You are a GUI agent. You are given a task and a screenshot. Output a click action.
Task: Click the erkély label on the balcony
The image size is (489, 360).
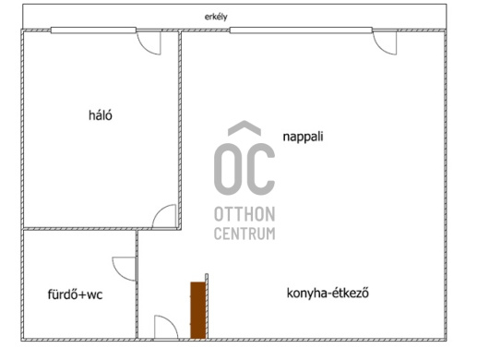click(216, 17)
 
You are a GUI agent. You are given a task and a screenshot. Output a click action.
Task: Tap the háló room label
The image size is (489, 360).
click(101, 115)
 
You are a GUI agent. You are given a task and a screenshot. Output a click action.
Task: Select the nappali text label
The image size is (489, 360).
click(303, 137)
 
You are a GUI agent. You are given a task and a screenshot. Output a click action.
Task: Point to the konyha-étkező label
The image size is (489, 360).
click(328, 294)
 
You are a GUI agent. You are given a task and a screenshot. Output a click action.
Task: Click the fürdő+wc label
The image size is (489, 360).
click(75, 294)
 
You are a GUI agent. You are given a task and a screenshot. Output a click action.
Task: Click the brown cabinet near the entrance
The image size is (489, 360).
click(198, 310)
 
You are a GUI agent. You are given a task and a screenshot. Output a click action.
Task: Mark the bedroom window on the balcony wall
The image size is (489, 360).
click(93, 30)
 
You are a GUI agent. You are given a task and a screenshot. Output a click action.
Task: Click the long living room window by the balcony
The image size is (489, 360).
click(301, 30)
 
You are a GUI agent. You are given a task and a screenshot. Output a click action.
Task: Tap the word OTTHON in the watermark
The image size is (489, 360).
click(244, 214)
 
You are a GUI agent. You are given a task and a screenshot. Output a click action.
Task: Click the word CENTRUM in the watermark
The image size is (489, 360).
click(244, 234)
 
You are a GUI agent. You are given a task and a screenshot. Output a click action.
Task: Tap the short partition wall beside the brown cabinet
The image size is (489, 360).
click(207, 306)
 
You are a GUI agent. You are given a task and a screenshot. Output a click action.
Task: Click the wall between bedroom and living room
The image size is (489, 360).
click(180, 130)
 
